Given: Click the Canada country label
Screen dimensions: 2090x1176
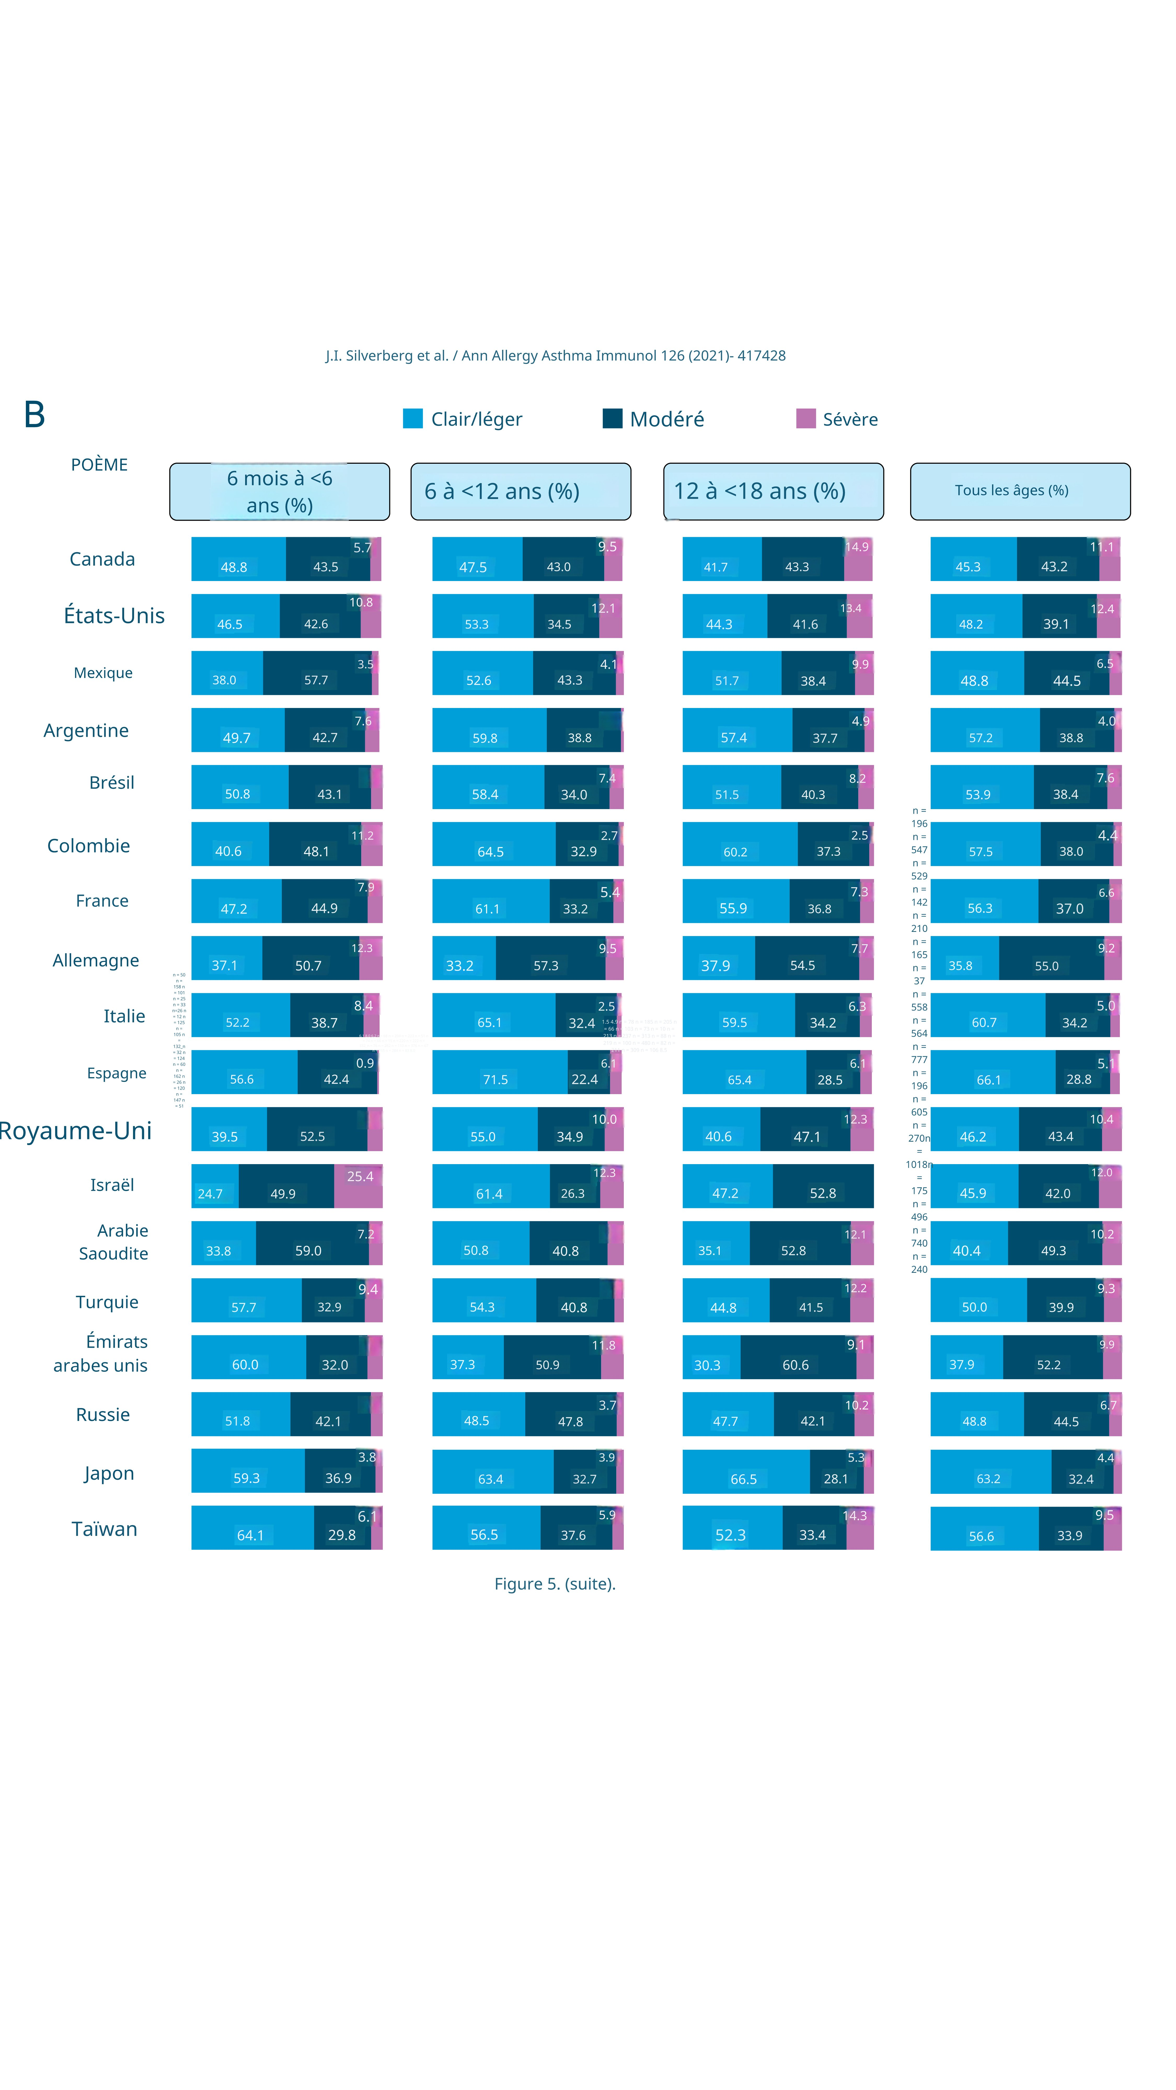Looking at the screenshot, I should coord(102,559).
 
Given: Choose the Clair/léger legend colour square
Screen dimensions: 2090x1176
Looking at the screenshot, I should coord(412,419).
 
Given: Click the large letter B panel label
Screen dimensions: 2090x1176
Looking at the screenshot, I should coord(34,415).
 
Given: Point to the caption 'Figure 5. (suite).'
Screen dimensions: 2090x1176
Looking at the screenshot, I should coord(555,1584).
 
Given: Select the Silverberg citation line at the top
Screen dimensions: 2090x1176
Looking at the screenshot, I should coord(555,355).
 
